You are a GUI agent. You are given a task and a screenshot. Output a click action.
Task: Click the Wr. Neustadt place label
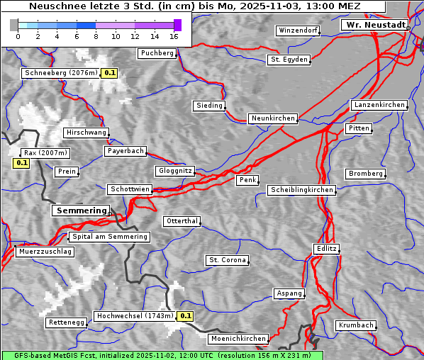(x=375, y=25)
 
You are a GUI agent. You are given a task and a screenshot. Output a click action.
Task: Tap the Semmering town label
(x=81, y=210)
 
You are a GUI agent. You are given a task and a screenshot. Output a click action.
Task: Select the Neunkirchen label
(x=272, y=118)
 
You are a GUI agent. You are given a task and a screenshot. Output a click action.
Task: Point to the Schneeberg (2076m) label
(x=60, y=73)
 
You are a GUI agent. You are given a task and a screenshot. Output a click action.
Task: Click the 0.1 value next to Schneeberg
(x=110, y=73)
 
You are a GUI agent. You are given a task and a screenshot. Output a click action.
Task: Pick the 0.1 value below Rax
(x=21, y=163)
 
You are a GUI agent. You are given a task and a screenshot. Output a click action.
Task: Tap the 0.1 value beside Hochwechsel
(x=186, y=316)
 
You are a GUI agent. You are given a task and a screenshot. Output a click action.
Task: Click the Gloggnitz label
(x=174, y=171)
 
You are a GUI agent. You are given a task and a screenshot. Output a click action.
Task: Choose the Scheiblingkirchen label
(x=301, y=190)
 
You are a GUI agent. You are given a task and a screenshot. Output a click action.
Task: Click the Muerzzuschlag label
(x=45, y=252)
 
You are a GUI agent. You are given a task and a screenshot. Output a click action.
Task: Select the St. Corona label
(x=228, y=260)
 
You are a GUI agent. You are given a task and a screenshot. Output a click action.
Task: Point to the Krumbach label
(x=355, y=325)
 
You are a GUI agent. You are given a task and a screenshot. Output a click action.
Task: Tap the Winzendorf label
(x=298, y=31)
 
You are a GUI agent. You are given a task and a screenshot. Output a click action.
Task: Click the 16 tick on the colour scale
(x=174, y=36)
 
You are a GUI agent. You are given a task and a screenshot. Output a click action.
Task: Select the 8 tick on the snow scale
(x=96, y=36)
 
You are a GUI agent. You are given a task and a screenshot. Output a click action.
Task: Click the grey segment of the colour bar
(x=14, y=25)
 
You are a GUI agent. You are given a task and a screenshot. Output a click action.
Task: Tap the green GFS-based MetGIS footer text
(x=162, y=355)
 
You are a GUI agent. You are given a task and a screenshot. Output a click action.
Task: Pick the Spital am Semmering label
(x=109, y=237)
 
